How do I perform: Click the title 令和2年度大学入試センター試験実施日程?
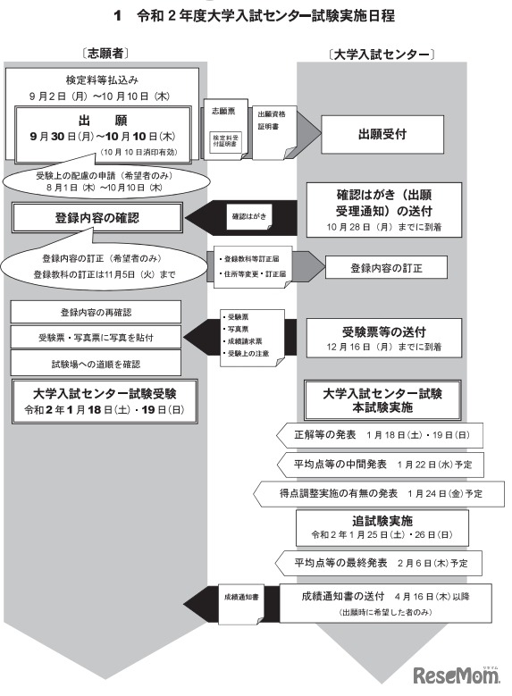tap(255, 16)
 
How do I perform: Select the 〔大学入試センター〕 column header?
tap(382, 55)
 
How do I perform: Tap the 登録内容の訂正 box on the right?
tap(385, 266)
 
